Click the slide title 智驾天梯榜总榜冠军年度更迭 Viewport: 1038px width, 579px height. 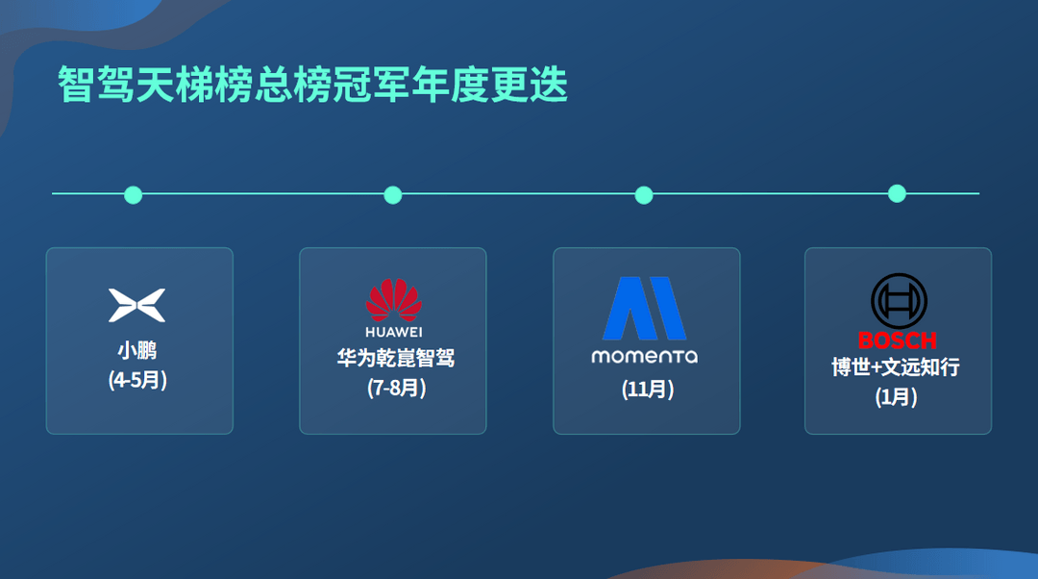pyautogui.click(x=313, y=85)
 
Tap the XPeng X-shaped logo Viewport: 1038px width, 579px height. pyautogui.click(x=137, y=305)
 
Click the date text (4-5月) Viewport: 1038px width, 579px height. pyautogui.click(x=138, y=380)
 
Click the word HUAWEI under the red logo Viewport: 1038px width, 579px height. pyautogui.click(x=394, y=333)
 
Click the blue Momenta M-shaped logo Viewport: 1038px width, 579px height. pyautogui.click(x=644, y=309)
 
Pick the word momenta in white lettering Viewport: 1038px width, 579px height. pyautogui.click(x=644, y=356)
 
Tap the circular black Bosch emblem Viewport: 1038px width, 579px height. pyautogui.click(x=899, y=300)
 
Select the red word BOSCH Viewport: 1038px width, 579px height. pyautogui.click(x=897, y=340)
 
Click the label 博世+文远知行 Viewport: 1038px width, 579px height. pyautogui.click(x=896, y=367)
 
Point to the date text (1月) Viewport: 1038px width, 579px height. pyautogui.click(x=896, y=396)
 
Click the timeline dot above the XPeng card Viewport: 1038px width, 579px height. pyautogui.click(x=134, y=195)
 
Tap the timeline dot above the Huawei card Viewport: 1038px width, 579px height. pyautogui.click(x=392, y=195)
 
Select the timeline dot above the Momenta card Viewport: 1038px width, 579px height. pyautogui.click(x=644, y=195)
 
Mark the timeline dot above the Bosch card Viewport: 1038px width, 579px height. pyautogui.click(x=897, y=193)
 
